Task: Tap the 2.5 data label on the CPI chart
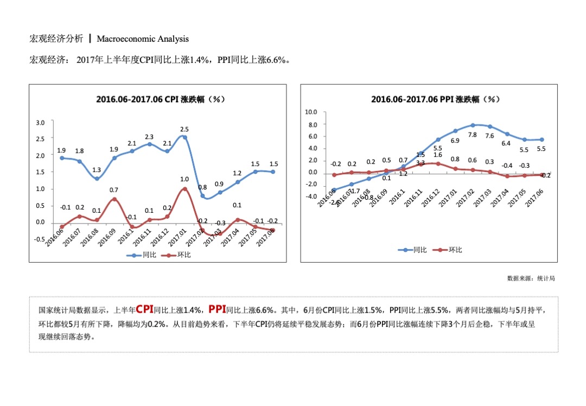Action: point(184,129)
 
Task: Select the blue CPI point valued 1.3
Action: point(97,179)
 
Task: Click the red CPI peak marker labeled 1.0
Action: point(184,189)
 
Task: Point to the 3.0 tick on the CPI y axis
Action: point(40,123)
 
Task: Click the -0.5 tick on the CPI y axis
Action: point(39,239)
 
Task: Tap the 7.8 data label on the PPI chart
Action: point(472,135)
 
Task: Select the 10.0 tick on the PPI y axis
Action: point(311,112)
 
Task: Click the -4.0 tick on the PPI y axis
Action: point(311,196)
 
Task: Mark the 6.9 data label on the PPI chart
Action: point(455,141)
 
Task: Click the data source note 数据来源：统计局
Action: point(531,278)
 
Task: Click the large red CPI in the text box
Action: point(144,309)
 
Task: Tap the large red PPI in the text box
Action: point(217,309)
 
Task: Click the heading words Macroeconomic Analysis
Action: point(143,39)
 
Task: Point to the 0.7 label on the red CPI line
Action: point(114,190)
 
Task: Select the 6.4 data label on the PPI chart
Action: point(506,143)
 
